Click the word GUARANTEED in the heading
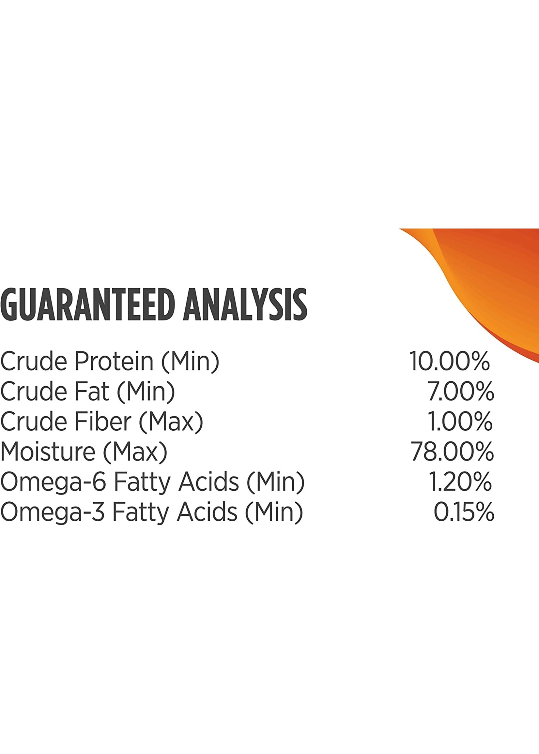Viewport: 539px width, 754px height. coord(88,305)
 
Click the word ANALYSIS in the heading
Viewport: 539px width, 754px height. coord(245,305)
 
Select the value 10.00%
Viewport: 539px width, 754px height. coord(449,361)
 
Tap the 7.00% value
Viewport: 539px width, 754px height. coord(461,391)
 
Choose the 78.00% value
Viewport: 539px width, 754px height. coord(452,451)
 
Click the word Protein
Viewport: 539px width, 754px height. coord(114,361)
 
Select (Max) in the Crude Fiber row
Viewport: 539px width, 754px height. coord(171,422)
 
